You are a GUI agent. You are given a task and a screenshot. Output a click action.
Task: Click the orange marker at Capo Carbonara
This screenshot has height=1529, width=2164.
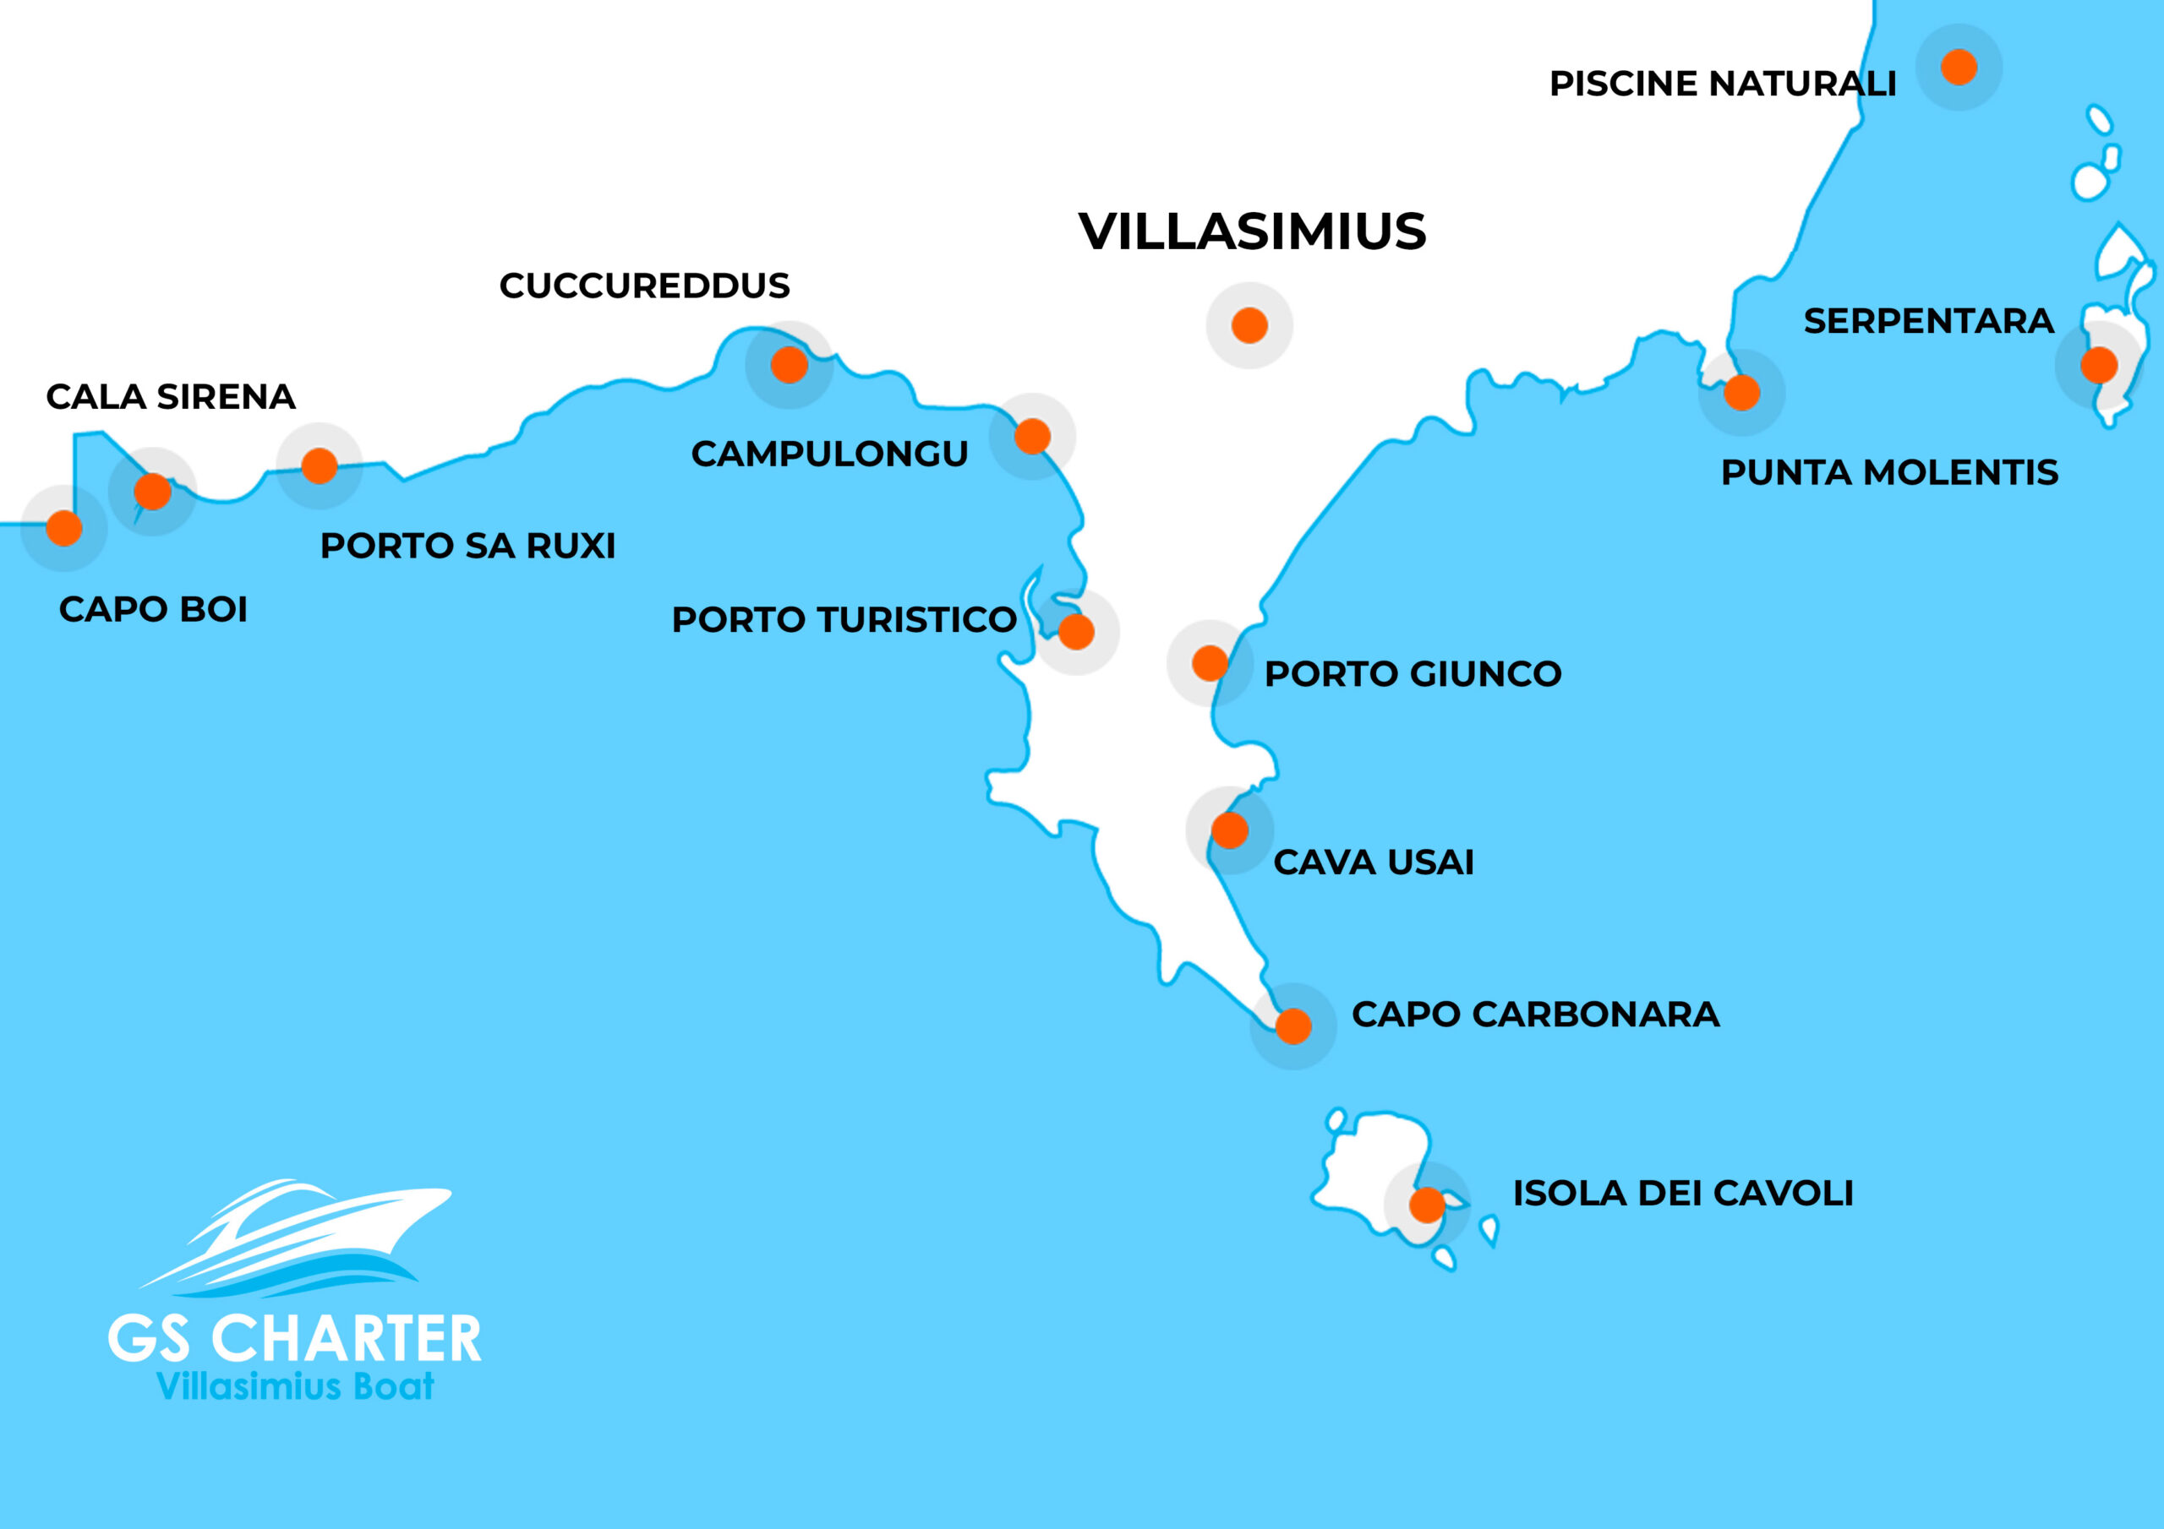pyautogui.click(x=1293, y=1026)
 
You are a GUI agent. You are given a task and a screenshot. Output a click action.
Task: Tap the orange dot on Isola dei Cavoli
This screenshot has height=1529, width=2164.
pyautogui.click(x=1427, y=1204)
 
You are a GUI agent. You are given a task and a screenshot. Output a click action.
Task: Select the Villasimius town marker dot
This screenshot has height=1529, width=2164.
pyautogui.click(x=1249, y=325)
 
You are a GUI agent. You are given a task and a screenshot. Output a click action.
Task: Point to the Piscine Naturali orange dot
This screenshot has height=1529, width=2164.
pyautogui.click(x=1959, y=67)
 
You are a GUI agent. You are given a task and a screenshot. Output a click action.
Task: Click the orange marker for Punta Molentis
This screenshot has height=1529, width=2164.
pyautogui.click(x=1741, y=392)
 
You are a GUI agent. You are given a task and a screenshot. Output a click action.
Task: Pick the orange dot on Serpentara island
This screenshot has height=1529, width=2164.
pyautogui.click(x=2099, y=365)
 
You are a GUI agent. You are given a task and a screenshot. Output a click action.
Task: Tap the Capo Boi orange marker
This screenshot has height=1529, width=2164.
pyautogui.click(x=64, y=528)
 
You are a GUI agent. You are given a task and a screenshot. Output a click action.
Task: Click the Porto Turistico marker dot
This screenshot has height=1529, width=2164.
pyautogui.click(x=1076, y=631)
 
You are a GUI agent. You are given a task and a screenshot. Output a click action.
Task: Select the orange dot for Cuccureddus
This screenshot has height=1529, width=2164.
pyautogui.click(x=789, y=365)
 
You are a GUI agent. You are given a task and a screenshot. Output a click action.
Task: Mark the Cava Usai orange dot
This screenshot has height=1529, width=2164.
pyautogui.click(x=1230, y=830)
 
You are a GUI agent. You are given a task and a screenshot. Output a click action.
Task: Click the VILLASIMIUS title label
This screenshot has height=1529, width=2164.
pyautogui.click(x=1252, y=231)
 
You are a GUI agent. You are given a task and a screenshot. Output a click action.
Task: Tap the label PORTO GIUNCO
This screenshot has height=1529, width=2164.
pyautogui.click(x=1413, y=674)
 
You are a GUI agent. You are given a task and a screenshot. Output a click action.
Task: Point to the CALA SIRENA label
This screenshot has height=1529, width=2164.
pyautogui.click(x=171, y=398)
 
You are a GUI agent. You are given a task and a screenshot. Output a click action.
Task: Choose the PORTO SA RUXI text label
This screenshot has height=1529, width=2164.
pyautogui.click(x=467, y=547)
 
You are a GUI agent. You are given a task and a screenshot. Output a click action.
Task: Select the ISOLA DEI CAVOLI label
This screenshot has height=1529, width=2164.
pyautogui.click(x=1682, y=1194)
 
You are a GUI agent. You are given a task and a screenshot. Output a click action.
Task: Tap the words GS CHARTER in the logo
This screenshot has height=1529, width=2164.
pyautogui.click(x=295, y=1339)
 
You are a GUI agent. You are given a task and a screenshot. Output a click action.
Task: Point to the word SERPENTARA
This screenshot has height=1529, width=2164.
pyautogui.click(x=1928, y=321)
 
